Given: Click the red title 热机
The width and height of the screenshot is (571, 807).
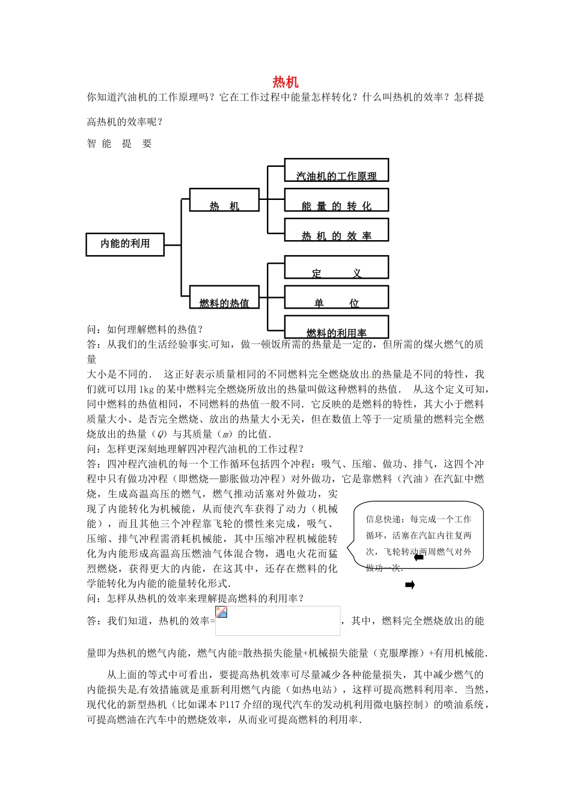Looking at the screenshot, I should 285,82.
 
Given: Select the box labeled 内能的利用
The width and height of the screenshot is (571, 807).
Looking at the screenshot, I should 125,244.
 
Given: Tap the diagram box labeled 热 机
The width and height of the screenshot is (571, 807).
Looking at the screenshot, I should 224,200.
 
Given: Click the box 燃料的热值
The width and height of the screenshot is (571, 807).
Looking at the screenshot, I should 224,297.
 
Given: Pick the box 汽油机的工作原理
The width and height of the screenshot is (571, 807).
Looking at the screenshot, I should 336,170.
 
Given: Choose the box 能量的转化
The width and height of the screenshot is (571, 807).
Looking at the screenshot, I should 336,200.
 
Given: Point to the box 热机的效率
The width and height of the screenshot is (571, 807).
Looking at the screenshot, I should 336,230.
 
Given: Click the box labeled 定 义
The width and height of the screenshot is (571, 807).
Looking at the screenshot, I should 336,267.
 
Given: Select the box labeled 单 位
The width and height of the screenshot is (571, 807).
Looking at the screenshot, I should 336,297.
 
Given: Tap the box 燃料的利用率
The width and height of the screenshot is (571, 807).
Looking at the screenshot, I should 336,327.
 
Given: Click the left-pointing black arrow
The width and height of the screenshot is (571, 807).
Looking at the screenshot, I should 419,557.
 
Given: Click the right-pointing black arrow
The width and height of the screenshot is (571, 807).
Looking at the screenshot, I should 410,585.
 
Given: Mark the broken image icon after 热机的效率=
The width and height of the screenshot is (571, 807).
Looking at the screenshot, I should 222,612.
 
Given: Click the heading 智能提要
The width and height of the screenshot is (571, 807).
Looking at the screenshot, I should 119,144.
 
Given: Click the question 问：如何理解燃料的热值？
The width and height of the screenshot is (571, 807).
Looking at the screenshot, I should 145,329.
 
